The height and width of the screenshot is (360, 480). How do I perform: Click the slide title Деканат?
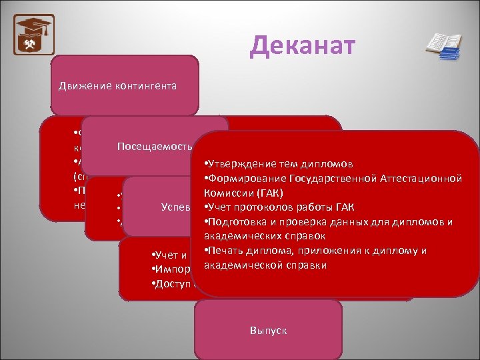point(303,45)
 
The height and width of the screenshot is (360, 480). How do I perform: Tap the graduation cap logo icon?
point(34,34)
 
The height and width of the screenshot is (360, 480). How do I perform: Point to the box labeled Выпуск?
point(268,330)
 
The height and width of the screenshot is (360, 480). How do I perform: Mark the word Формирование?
point(247,179)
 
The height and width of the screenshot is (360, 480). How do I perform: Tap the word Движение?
point(79,86)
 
